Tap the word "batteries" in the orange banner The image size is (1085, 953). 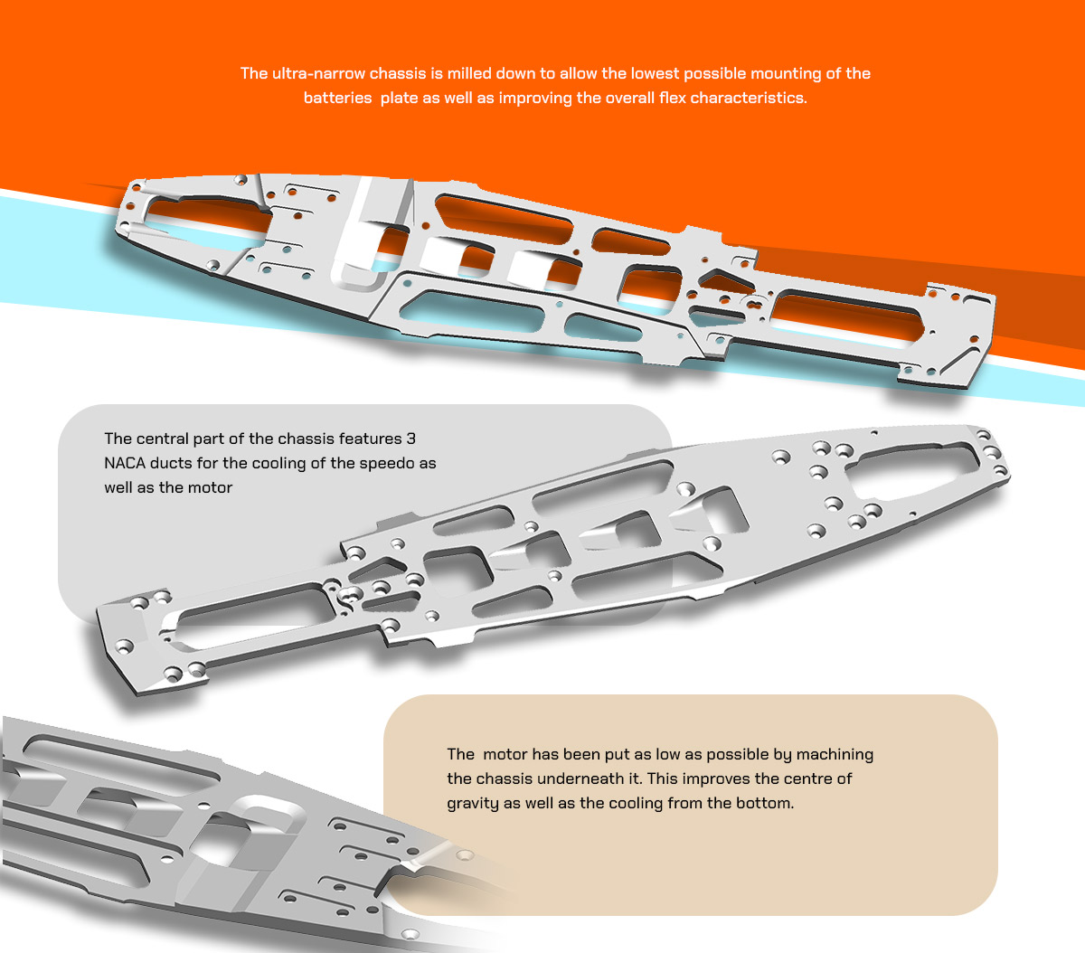pos(337,98)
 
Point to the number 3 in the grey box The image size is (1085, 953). pos(410,439)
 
